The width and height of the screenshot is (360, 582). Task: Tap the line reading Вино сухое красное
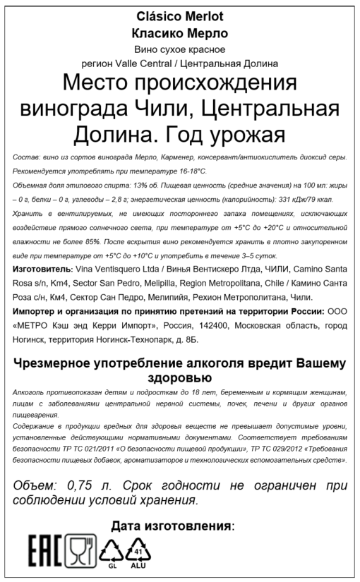coord(180,49)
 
